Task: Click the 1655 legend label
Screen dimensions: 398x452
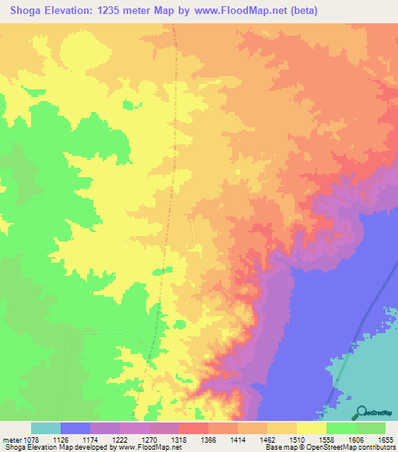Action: click(386, 440)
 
